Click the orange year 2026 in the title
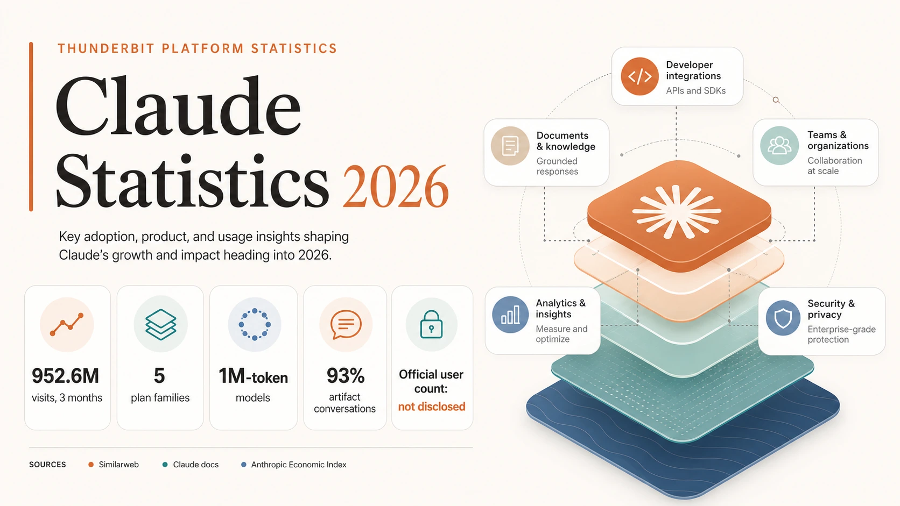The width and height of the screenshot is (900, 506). tap(395, 187)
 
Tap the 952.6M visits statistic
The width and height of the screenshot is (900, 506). tap(66, 376)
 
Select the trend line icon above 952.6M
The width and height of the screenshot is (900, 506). tap(67, 325)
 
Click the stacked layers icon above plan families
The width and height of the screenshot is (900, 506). tap(160, 324)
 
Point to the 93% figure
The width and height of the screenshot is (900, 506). tap(346, 375)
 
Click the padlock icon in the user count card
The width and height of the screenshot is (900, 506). tap(431, 324)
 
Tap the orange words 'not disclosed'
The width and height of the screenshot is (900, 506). tap(432, 407)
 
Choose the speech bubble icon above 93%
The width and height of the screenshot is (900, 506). tap(346, 325)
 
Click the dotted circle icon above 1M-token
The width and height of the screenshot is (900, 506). tap(254, 324)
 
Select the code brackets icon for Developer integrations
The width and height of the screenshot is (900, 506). tap(639, 76)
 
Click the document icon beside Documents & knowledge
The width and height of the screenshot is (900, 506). tap(510, 146)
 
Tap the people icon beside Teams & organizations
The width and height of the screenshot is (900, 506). tap(779, 146)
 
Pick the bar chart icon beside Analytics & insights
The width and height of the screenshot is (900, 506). tap(510, 315)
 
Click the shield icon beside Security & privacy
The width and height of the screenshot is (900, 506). tap(783, 318)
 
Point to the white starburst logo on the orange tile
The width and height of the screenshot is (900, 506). tap(677, 211)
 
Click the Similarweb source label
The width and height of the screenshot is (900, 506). tap(118, 464)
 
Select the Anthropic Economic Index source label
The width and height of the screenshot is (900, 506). tap(299, 464)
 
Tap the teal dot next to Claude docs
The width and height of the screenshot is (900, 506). tap(165, 465)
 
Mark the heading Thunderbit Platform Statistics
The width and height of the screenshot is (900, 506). tap(197, 48)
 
